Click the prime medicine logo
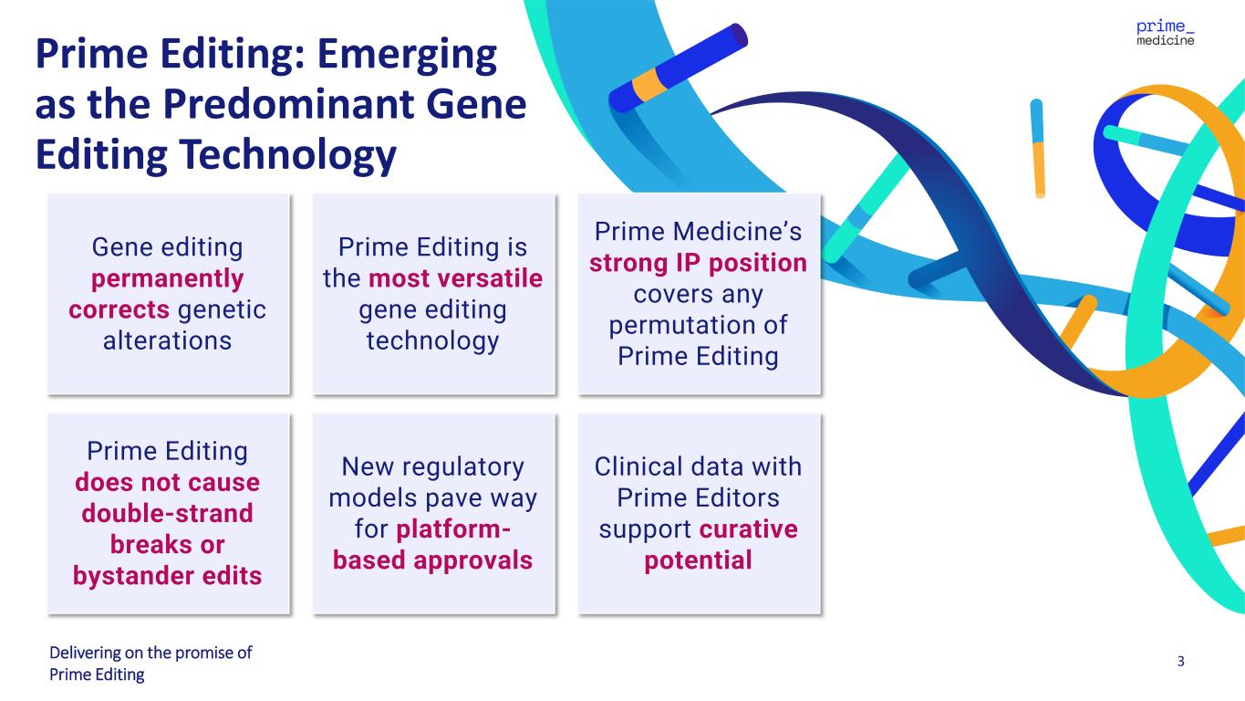[1165, 33]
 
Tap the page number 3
[1180, 661]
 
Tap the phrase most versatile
[455, 278]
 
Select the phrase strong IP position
[698, 264]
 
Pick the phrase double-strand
[167, 513]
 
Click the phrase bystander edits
[167, 576]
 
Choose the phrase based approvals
[432, 560]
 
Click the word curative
[749, 529]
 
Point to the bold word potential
[698, 560]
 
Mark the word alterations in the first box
[167, 340]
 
